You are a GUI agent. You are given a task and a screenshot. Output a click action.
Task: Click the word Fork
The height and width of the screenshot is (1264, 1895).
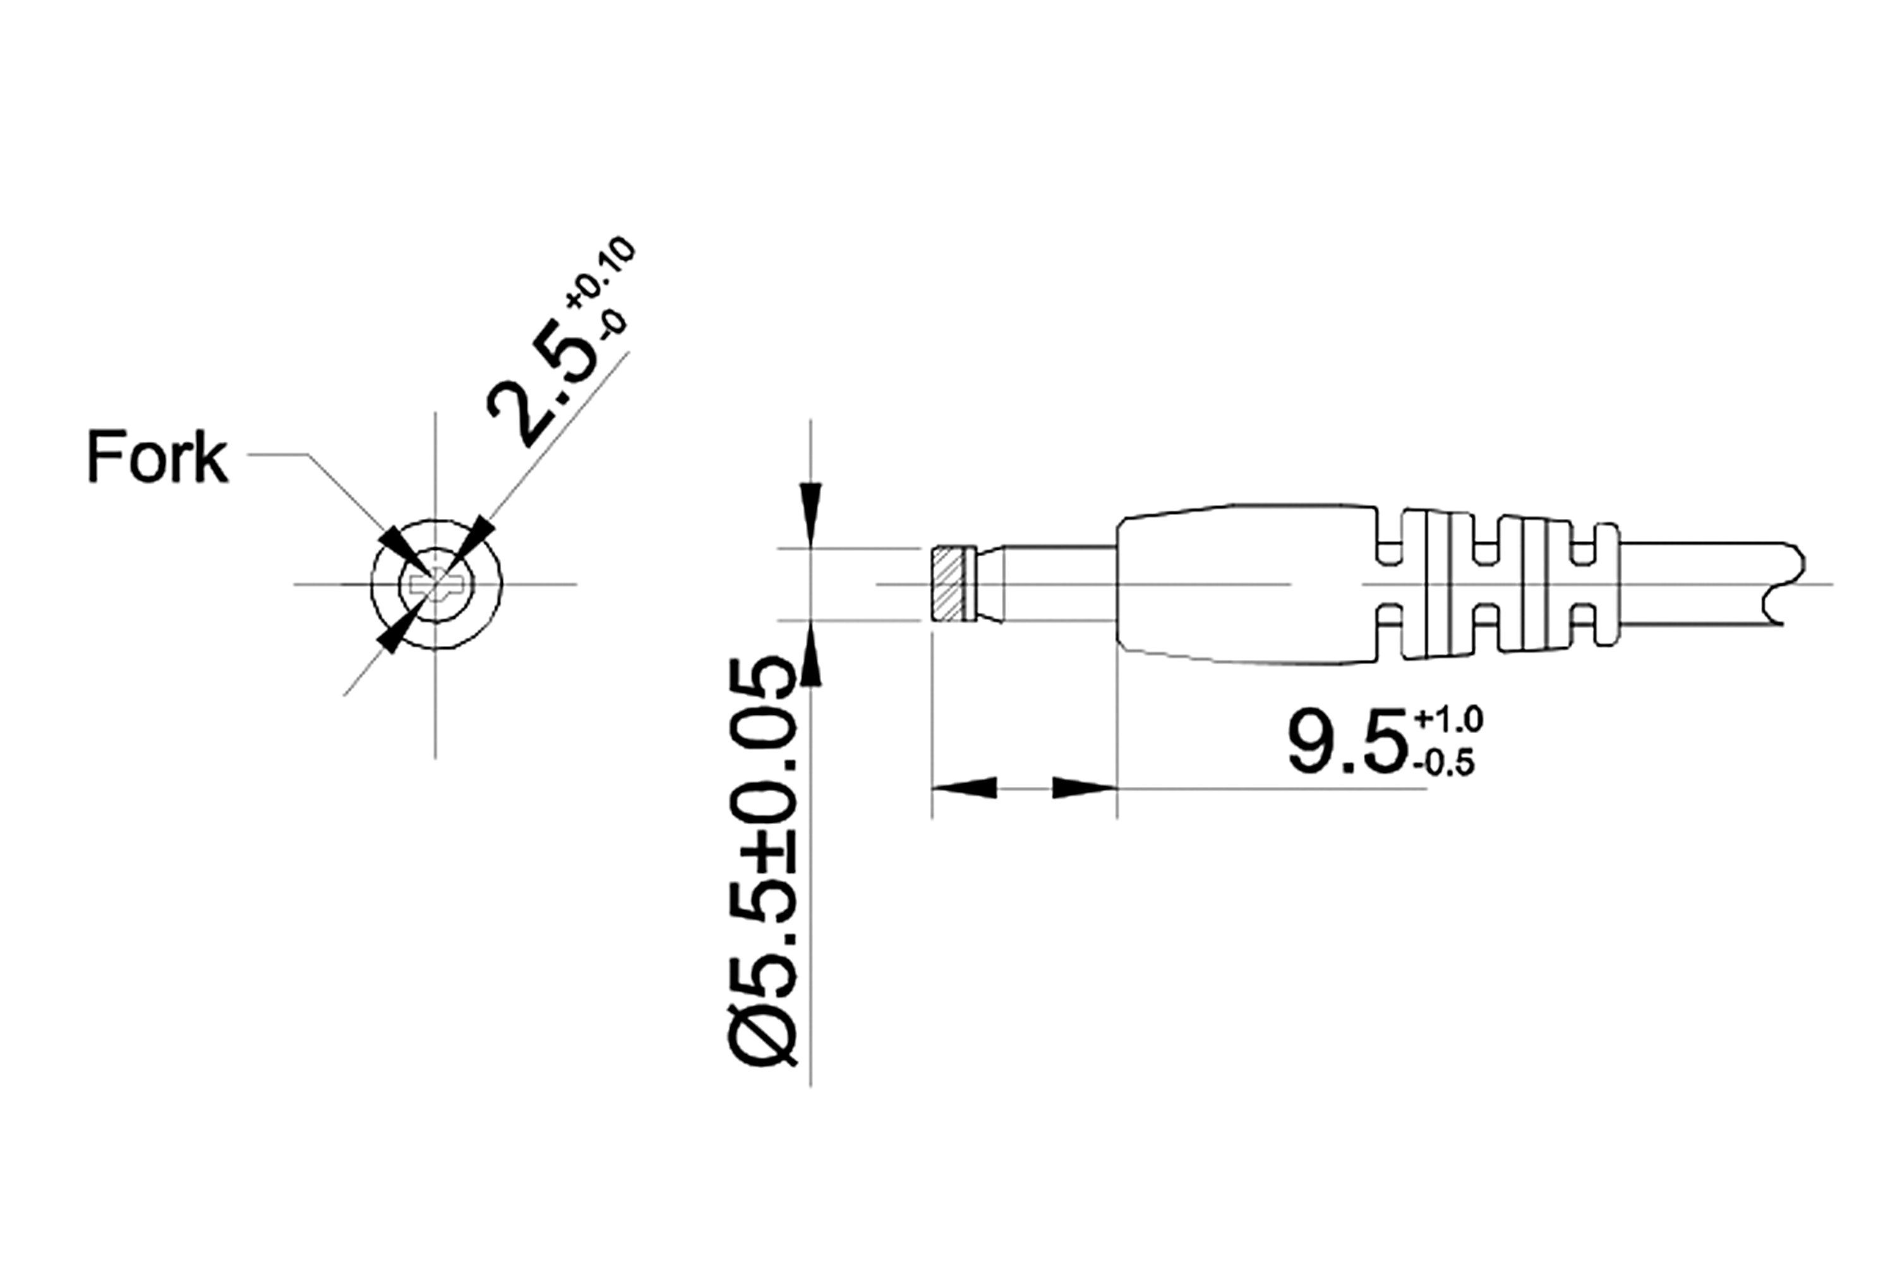tap(157, 457)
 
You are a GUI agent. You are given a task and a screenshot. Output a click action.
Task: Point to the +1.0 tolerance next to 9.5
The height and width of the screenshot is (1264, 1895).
tap(1448, 719)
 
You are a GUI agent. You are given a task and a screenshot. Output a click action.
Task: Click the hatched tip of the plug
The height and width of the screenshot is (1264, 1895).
tap(948, 585)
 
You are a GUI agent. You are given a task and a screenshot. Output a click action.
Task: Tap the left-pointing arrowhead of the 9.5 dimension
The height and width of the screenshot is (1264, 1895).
tap(965, 787)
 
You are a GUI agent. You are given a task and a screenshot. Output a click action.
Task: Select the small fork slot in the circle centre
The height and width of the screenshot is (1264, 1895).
tap(435, 583)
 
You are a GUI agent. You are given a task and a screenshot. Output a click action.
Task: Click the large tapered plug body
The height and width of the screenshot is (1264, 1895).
tap(1245, 585)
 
